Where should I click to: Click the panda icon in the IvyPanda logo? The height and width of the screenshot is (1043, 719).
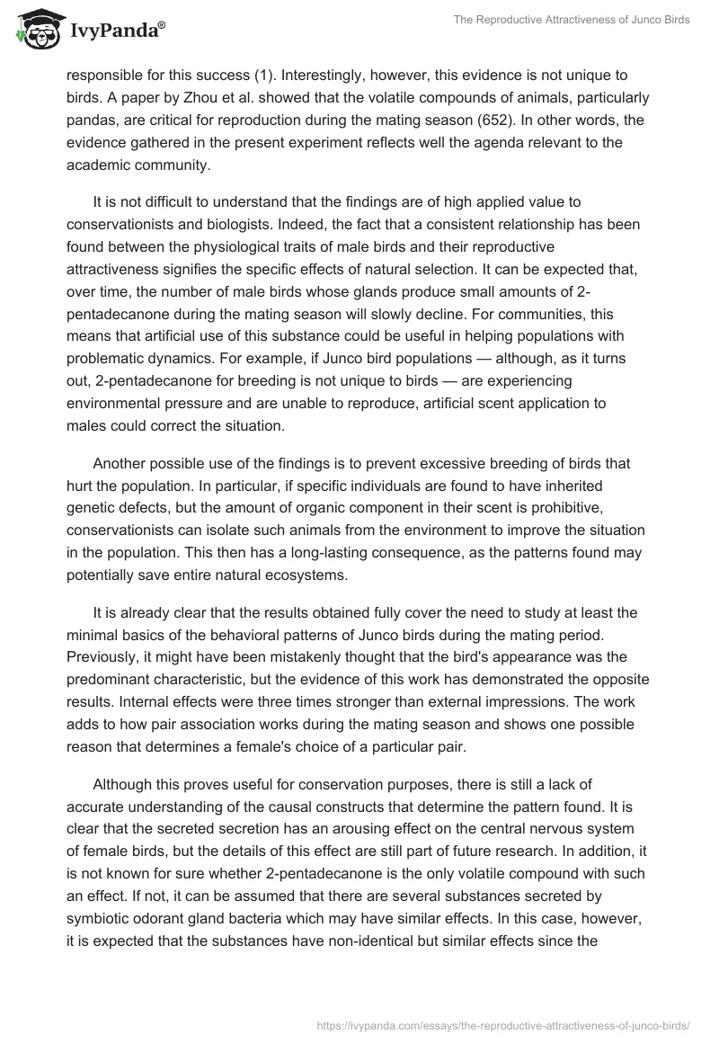[x=36, y=29]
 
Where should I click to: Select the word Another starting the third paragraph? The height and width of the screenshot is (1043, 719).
[x=145, y=463]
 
